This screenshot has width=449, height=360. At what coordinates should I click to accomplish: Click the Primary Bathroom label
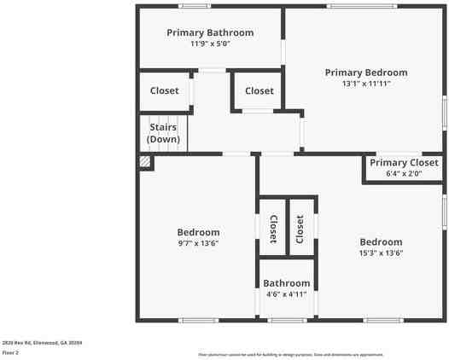[x=210, y=32]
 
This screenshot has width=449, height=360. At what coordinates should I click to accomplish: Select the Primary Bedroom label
[x=366, y=73]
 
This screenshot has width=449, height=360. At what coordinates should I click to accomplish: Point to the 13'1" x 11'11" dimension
[x=366, y=84]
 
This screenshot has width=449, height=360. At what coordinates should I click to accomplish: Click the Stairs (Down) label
[x=162, y=133]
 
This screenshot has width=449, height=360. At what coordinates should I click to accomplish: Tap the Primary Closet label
[x=404, y=162]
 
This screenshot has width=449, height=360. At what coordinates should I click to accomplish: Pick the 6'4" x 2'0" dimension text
[x=404, y=173]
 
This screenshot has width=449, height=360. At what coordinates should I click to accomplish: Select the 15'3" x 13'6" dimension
[x=381, y=253]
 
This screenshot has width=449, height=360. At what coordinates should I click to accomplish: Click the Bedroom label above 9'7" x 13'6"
[x=198, y=232]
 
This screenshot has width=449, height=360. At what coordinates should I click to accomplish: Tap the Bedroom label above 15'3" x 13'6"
[x=381, y=241]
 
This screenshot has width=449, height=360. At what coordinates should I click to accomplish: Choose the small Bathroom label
[x=287, y=283]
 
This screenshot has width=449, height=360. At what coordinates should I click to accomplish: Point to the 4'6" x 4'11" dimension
[x=287, y=294]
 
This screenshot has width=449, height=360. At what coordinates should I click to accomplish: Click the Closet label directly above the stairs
[x=165, y=90]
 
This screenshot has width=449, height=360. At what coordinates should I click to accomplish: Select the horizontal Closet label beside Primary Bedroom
[x=259, y=90]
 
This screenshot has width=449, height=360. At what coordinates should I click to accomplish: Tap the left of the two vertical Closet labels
[x=273, y=229]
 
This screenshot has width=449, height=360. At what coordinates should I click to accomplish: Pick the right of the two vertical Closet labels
[x=300, y=229]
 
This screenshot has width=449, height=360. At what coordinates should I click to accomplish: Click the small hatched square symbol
[x=146, y=160]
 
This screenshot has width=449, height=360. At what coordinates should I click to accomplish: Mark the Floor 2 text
[x=10, y=351]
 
